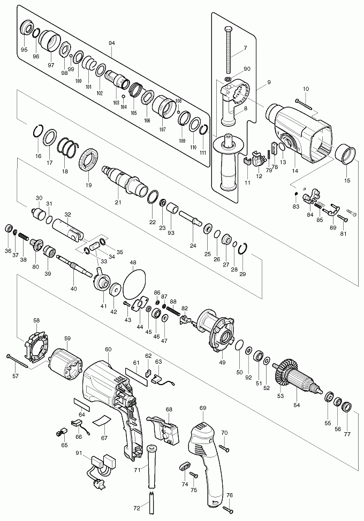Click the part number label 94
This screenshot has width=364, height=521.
click(111, 43)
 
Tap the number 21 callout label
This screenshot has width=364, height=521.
click(118, 202)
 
